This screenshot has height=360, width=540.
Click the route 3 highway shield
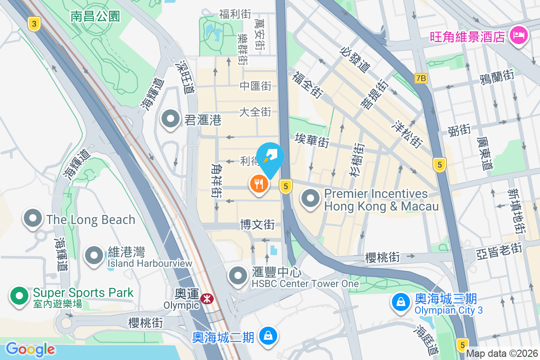coord(34,24)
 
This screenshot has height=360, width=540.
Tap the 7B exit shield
coord(421,78)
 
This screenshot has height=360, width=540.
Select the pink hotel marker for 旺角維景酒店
coord(518,36)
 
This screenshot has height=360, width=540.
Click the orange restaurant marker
coord(259,184)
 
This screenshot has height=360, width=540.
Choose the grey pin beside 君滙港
coord(171,119)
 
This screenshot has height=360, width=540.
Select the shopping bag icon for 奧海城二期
coord(268,335)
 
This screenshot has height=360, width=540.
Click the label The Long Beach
coord(90,220)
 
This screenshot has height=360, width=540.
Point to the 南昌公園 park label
coord(95,17)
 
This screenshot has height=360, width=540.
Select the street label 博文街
coord(257,224)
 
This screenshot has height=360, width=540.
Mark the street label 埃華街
coord(312,141)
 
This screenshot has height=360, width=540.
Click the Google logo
coord(30,349)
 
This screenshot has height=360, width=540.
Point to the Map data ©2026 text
coord(502,353)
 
